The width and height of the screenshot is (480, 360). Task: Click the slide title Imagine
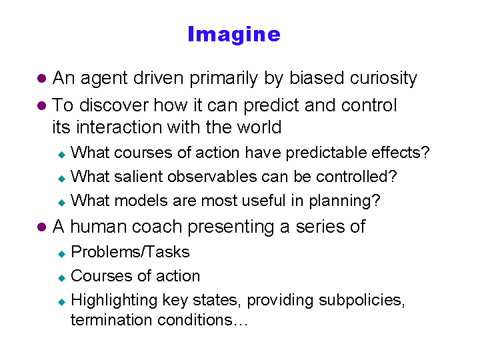pos(234,35)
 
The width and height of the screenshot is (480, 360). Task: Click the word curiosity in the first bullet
pos(383,79)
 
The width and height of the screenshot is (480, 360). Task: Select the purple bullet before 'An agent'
pos(41,79)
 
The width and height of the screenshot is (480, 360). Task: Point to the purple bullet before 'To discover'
pos(41,106)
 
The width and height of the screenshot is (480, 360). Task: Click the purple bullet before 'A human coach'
pos(41,227)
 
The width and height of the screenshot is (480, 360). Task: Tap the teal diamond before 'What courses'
pos(62,155)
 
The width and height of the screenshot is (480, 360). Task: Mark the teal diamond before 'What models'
pos(62,203)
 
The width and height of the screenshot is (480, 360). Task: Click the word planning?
pos(345,201)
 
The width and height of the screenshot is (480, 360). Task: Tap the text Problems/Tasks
pos(130,252)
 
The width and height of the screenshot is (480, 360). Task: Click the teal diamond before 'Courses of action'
pos(62,278)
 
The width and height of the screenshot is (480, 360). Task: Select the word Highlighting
pos(114,300)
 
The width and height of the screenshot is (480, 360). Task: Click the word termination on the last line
pos(111,320)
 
